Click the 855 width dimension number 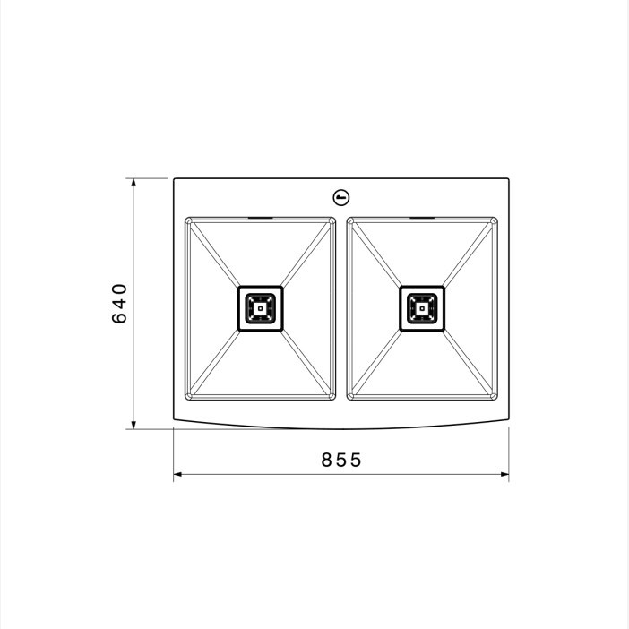pos(341,460)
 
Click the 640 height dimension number pos(119,303)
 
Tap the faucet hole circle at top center pos(341,197)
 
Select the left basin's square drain pos(261,308)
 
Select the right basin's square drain pos(422,308)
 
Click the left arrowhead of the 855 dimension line pos(177,474)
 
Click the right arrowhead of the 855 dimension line pos(504,474)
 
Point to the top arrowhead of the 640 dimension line pos(134,183)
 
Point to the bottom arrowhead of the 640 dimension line pos(134,425)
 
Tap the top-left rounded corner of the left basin pos(188,220)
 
